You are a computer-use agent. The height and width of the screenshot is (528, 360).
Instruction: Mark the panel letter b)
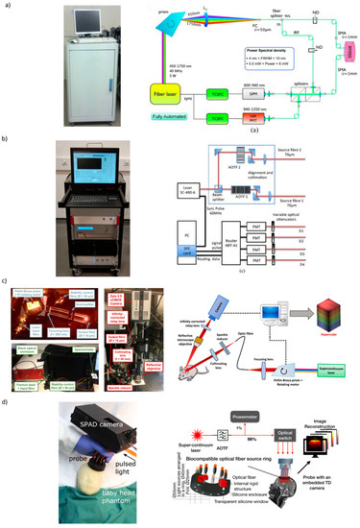pos(7,140)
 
